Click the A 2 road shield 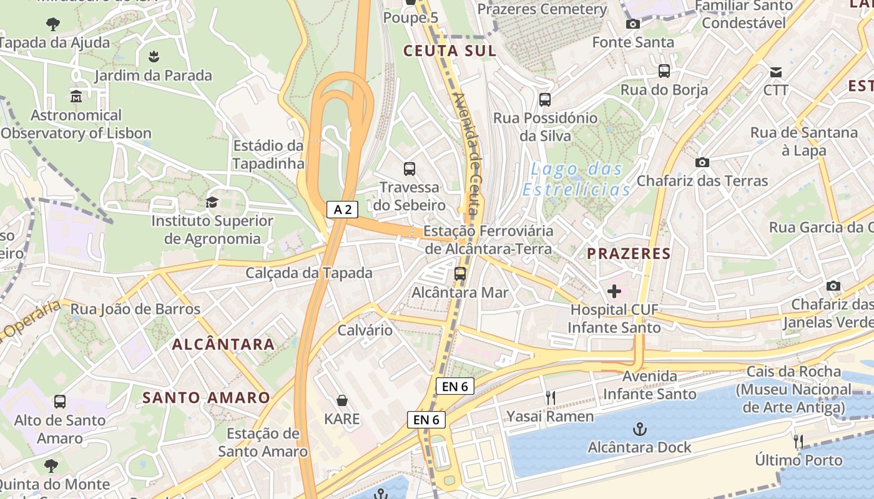342,210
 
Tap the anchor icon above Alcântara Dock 639,429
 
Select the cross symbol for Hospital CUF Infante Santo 614,291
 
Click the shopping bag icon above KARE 342,400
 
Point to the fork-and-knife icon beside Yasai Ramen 550,398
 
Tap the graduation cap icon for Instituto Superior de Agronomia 212,202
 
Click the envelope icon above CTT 775,72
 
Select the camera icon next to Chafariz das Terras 702,162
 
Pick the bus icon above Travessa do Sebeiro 410,168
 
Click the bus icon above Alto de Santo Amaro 60,402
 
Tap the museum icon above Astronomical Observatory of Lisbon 76,97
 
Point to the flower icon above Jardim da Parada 154,57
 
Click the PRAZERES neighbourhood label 629,254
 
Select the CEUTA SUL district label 449,51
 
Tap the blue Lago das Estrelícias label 576,180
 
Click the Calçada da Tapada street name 308,273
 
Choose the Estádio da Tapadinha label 268,155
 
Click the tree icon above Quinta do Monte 51,465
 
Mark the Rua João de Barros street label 135,309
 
